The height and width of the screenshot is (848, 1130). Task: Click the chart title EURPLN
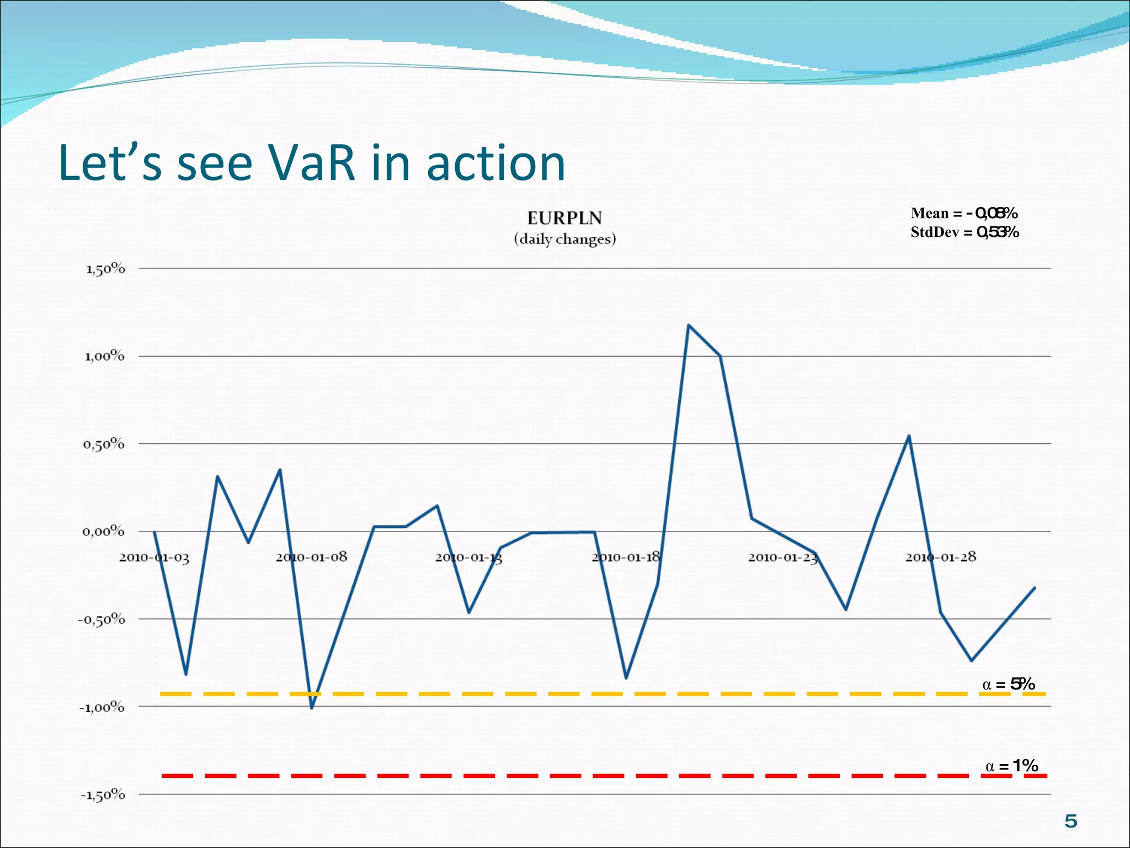[x=564, y=218]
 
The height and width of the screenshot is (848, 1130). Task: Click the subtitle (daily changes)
[x=564, y=239]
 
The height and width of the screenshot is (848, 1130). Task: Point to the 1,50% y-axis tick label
[x=105, y=269]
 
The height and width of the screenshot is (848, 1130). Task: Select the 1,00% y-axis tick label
[x=104, y=356]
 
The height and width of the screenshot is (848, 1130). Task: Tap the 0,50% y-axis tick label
[x=104, y=444]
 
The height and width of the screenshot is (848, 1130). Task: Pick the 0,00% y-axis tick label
[x=104, y=532]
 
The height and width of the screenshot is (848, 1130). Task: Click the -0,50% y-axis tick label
[x=102, y=619]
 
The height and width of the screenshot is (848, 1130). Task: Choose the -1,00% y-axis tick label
[x=102, y=707]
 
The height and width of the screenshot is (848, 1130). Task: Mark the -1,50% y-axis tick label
[x=103, y=795]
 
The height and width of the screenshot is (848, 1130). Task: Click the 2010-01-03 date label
[x=154, y=558]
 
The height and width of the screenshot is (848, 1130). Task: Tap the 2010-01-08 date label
[x=311, y=557]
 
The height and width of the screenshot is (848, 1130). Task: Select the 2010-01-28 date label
[x=941, y=557]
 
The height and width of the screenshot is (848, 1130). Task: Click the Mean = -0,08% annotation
[x=964, y=213]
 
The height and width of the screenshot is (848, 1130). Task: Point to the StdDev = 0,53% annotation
[x=964, y=232]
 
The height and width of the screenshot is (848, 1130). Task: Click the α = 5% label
[x=1008, y=685]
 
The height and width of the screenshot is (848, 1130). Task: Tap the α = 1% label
[x=1011, y=766]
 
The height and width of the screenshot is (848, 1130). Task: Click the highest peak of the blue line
[x=689, y=325]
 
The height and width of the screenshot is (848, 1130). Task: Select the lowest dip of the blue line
[x=312, y=708]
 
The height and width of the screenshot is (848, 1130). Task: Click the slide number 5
[x=1070, y=821]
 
